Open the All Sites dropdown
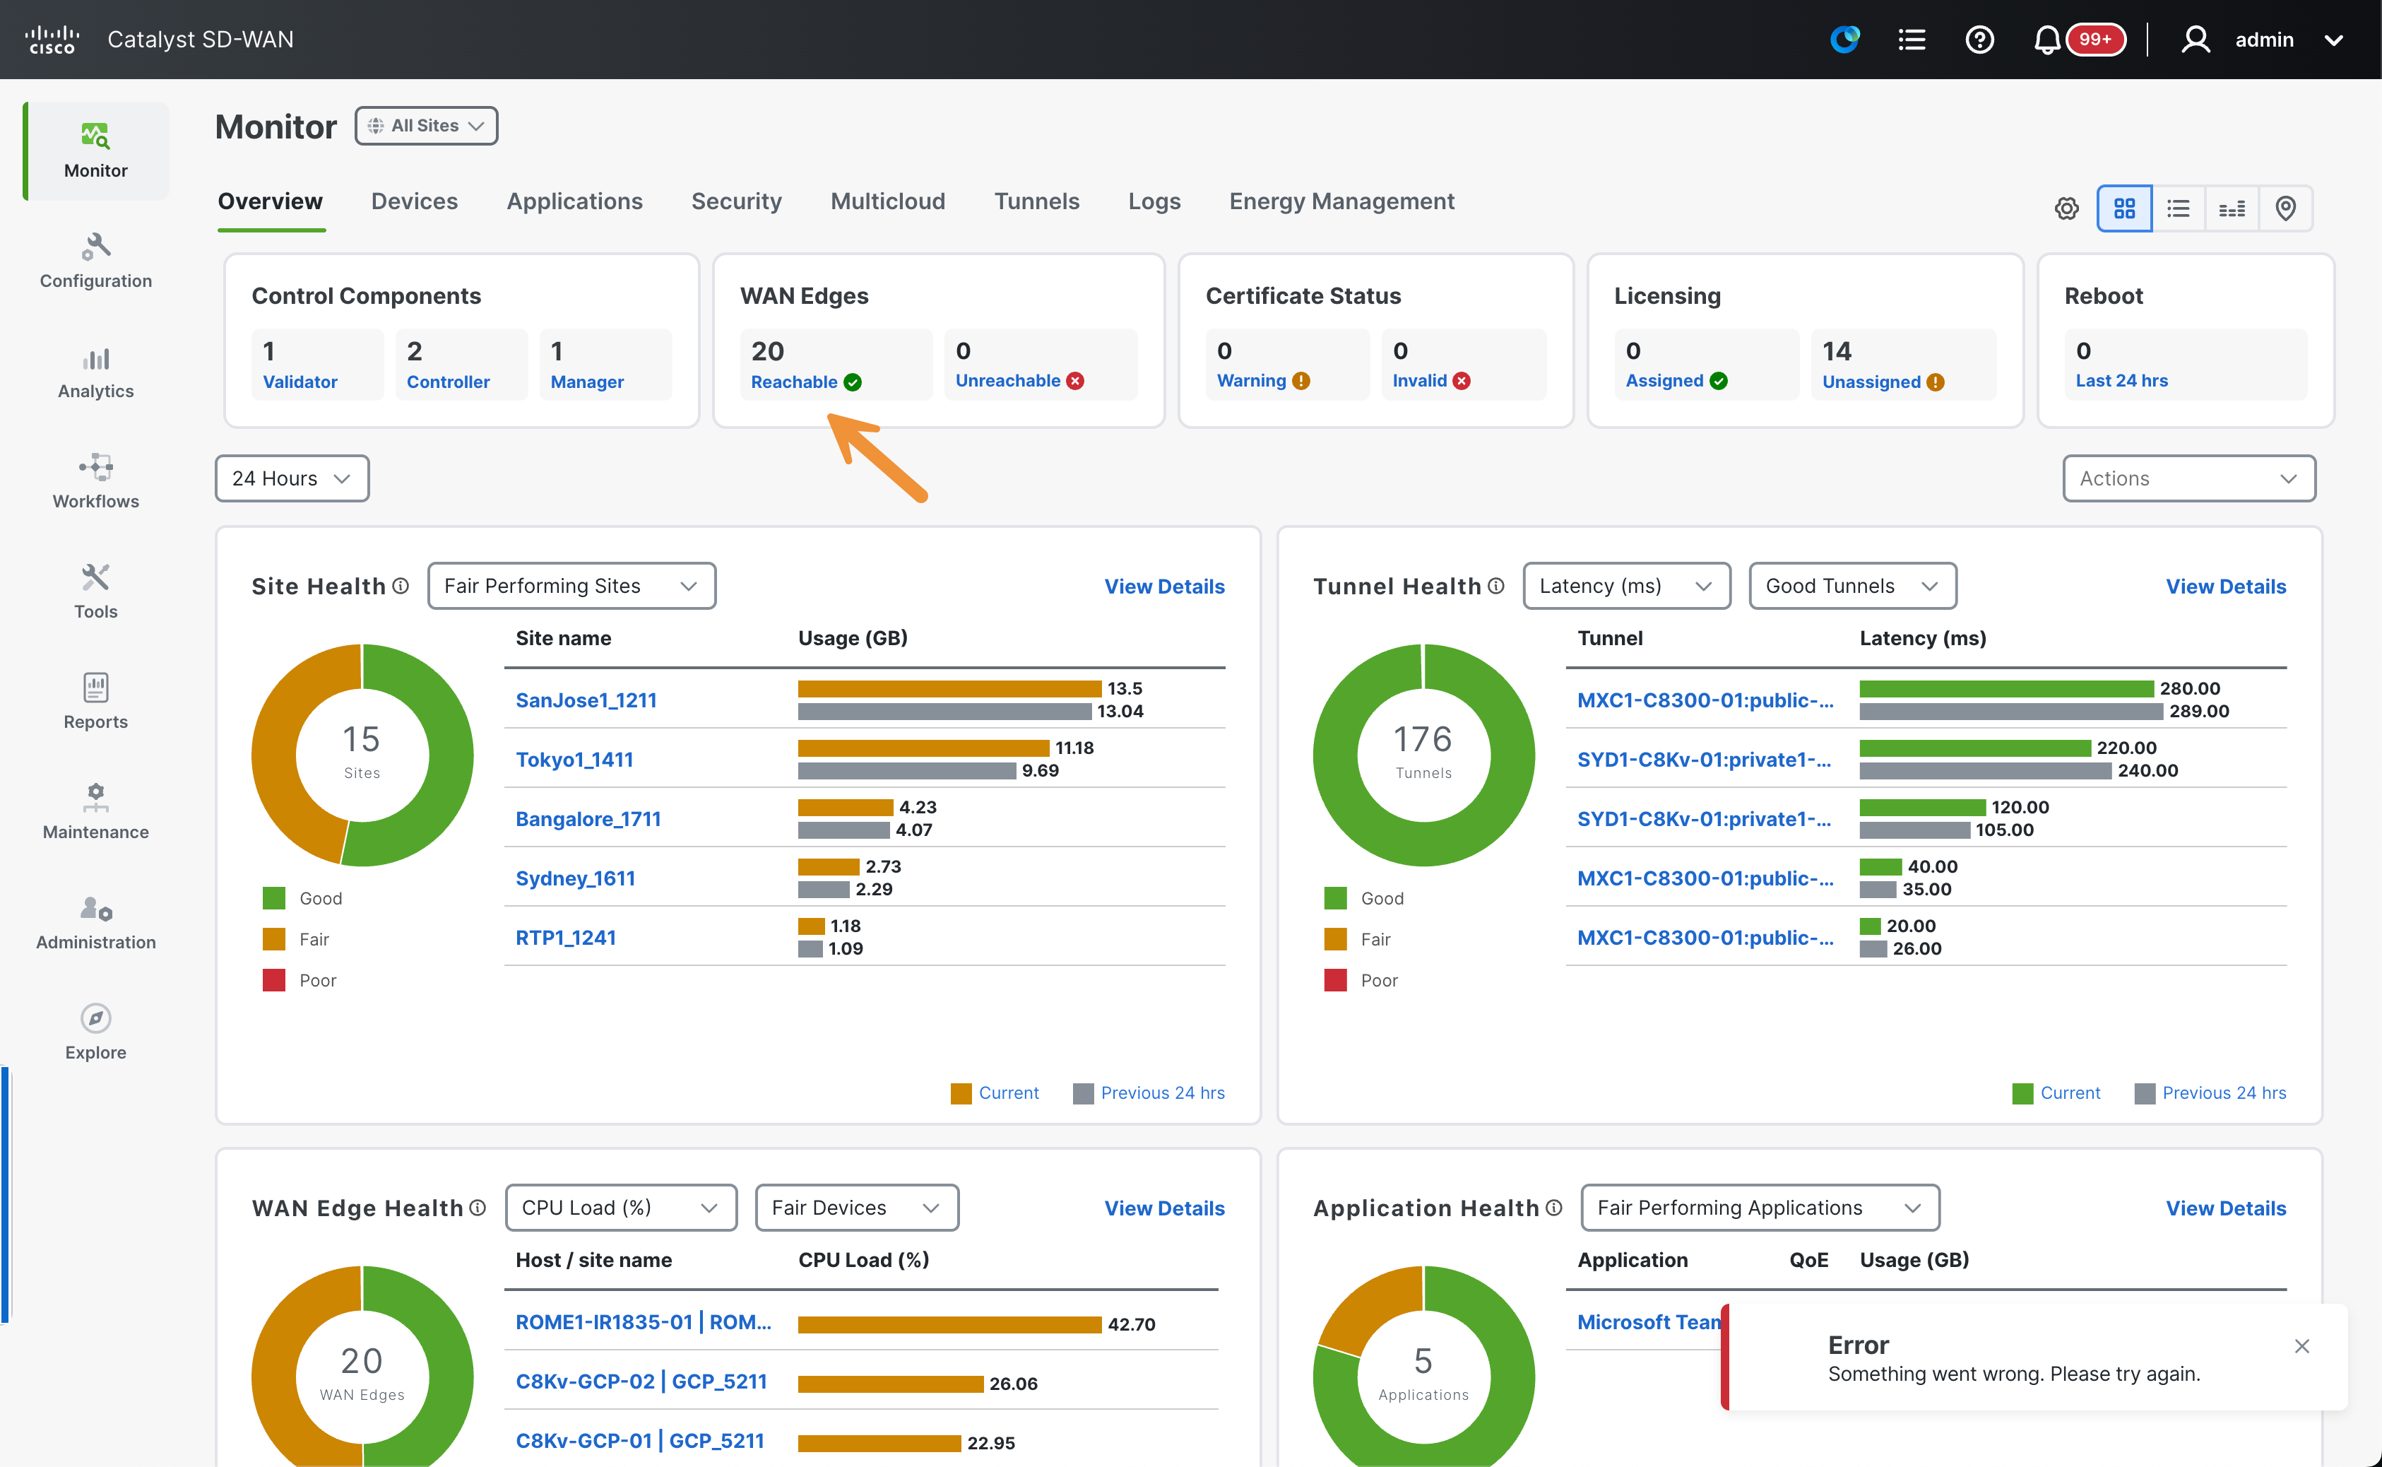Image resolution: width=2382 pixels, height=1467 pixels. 427,126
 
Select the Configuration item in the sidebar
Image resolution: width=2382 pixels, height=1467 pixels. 96,261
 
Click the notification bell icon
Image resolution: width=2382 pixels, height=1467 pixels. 2046,40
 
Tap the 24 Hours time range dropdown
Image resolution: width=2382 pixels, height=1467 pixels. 292,478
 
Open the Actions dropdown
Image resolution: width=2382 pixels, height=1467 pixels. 2189,478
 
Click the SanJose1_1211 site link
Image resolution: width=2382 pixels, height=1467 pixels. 586,700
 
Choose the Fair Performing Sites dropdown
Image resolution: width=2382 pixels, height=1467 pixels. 571,586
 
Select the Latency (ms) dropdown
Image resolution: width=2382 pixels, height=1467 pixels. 1626,586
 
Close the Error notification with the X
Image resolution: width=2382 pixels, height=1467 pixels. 2301,1345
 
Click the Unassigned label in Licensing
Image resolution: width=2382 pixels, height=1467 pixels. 1871,382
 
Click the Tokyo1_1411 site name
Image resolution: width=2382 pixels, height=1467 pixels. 574,759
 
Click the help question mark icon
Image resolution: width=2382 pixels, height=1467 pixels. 1979,40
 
